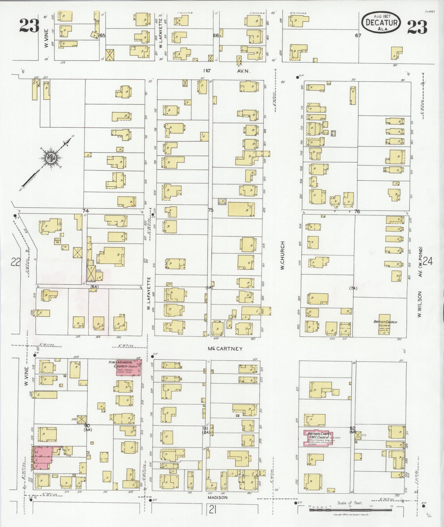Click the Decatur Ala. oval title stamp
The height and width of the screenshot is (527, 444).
[x=381, y=22]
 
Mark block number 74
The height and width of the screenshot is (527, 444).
[x=85, y=211]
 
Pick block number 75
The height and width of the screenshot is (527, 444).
[x=211, y=210]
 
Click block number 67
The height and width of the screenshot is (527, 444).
[x=358, y=36]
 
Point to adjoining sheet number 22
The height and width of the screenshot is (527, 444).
[x=15, y=262]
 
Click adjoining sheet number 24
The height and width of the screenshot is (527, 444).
[x=428, y=261]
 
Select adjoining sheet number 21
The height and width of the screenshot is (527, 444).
[x=212, y=510]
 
